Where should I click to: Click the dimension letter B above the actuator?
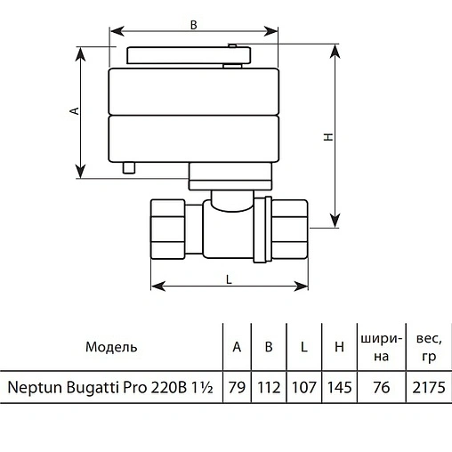pos(193,25)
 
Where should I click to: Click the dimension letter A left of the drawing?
pos(75,111)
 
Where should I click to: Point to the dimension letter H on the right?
pos(328,137)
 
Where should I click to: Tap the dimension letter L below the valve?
pos(229,279)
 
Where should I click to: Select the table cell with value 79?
pos(237,387)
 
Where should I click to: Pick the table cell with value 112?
pos(269,387)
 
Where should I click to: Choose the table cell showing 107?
pos(304,387)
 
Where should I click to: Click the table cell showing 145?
pos(339,387)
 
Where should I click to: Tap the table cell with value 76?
pos(382,387)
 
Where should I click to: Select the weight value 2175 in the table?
pos(429,387)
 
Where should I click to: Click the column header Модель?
pos(111,347)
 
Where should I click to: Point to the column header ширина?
pos(382,347)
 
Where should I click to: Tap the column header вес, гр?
pos(429,347)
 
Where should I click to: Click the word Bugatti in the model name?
pos(92,388)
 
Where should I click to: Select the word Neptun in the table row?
pos(35,388)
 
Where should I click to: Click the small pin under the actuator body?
pos(129,167)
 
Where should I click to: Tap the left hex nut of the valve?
pos(168,230)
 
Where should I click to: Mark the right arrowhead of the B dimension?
pos(270,31)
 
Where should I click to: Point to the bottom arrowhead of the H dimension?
pos(335,220)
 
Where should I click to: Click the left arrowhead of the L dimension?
pos(158,287)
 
